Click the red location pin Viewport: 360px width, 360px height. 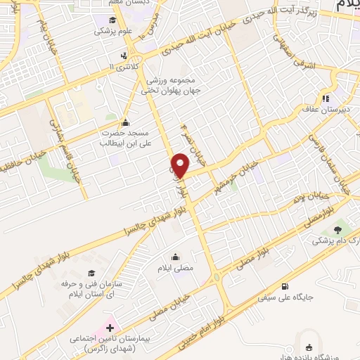tap(181, 165)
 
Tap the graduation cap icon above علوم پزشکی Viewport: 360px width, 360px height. tap(114, 19)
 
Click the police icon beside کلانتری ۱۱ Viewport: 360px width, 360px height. tap(124, 56)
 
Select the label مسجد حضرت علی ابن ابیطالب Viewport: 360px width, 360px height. tap(124, 137)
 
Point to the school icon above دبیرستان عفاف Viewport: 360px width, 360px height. tap(325, 98)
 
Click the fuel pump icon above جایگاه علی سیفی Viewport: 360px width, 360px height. tap(285, 285)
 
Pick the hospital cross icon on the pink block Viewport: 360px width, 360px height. tap(109, 328)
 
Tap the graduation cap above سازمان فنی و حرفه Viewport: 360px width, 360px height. tap(90, 273)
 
